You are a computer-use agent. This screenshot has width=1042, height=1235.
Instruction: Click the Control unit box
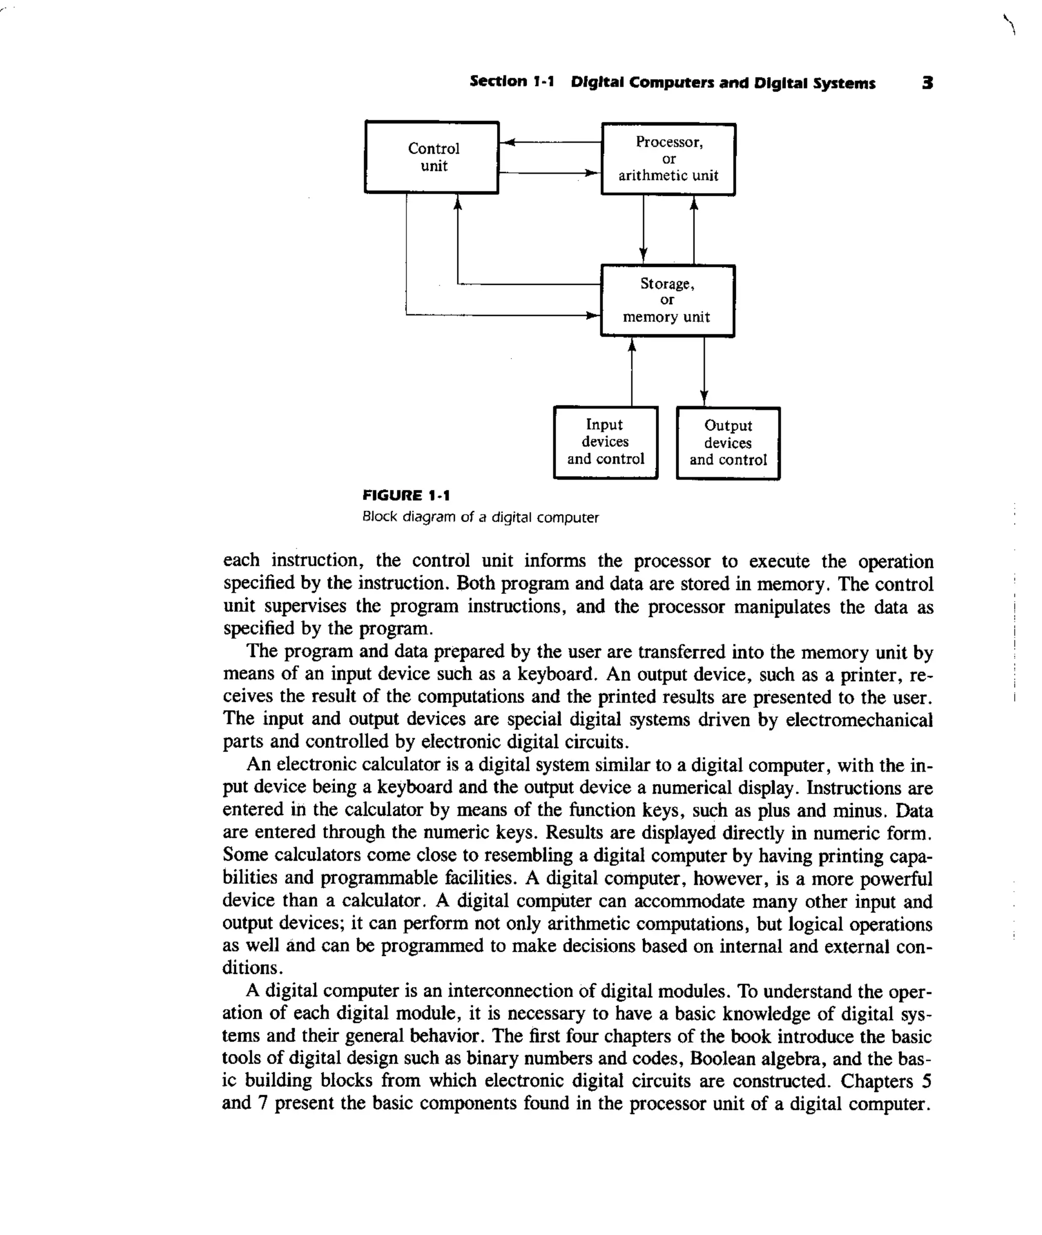tap(432, 157)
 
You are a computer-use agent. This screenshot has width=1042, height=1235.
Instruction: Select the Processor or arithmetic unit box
tap(668, 159)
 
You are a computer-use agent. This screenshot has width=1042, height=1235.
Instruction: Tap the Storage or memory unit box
tap(668, 301)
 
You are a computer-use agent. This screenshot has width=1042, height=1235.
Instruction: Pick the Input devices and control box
tap(605, 442)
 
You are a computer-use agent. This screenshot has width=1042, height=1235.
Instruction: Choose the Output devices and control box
tap(728, 443)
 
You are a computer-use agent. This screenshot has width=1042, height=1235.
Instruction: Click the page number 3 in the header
tap(928, 83)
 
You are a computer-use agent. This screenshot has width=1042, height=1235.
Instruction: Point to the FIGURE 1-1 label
tap(406, 495)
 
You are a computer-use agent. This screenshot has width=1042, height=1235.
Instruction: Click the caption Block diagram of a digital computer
tap(480, 517)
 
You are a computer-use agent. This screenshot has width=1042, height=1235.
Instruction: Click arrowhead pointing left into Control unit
tap(508, 142)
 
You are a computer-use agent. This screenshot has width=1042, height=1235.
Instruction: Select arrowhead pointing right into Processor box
tap(592, 173)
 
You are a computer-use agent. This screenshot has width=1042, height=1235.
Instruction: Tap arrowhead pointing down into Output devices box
tap(704, 398)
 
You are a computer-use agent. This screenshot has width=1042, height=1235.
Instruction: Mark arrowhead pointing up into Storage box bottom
tap(632, 345)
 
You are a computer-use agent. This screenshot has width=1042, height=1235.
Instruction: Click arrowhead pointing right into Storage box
tap(592, 315)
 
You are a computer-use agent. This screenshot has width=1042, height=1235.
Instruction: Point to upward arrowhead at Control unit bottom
tap(458, 202)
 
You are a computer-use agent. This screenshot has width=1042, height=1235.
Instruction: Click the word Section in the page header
tap(498, 81)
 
